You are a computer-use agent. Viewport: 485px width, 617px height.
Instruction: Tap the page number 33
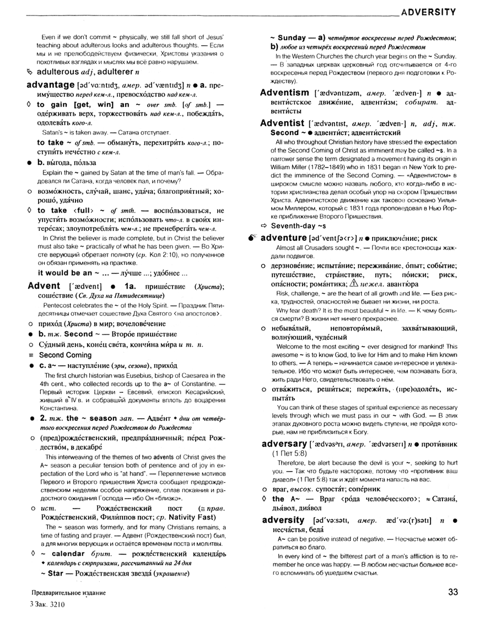[x=453, y=592]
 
